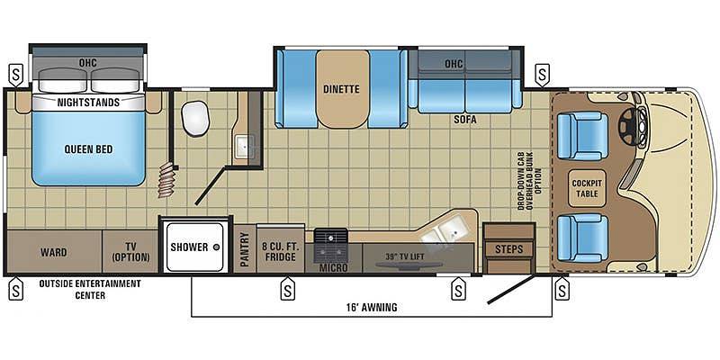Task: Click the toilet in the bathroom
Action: coord(195,119)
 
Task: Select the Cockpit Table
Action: coord(587,188)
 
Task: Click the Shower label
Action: coord(189,247)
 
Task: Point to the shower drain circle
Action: coord(217,247)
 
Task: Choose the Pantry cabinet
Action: coord(245,248)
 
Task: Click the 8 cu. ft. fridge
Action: coord(280,248)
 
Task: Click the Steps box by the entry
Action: coord(508,248)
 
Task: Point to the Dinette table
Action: coord(343,89)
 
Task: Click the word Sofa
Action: coord(465,121)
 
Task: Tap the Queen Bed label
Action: coord(88,149)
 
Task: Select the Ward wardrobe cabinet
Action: coord(54,252)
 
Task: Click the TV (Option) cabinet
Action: coord(130,252)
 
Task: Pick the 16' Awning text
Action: coord(373,307)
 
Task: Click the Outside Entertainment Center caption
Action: coord(90,289)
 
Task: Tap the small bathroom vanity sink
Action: coord(243,147)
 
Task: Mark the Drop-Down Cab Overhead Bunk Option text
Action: coord(528,182)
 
